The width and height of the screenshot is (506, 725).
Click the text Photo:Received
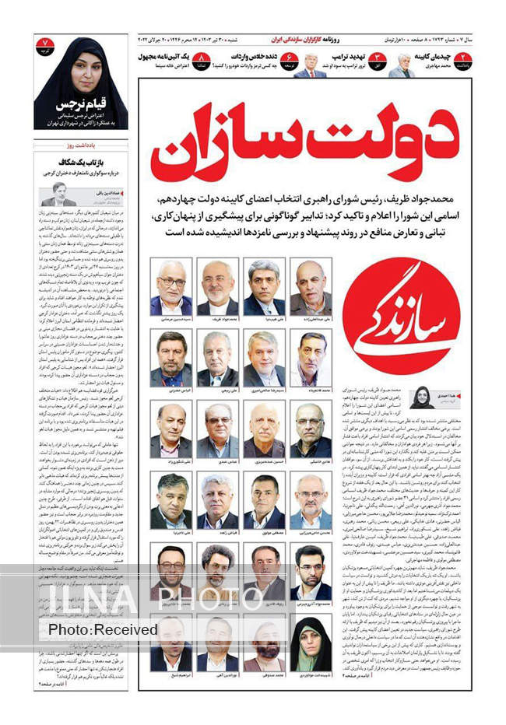103,629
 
